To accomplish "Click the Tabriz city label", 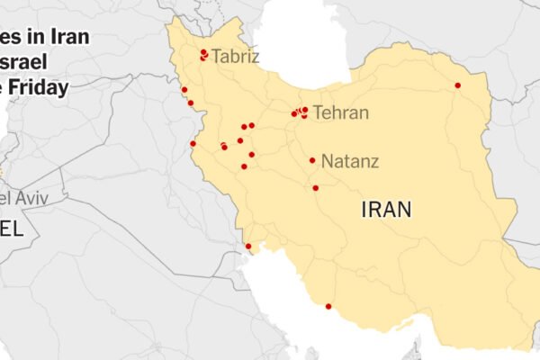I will pyautogui.click(x=235, y=58).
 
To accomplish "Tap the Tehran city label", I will pyautogui.click(x=340, y=113).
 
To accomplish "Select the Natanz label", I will pyautogui.click(x=350, y=162).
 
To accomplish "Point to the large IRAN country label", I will pyautogui.click(x=386, y=210).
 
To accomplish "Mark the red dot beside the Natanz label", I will pyautogui.click(x=312, y=160).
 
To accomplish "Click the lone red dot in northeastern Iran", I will pyautogui.click(x=457, y=85).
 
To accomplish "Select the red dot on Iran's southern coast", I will pyautogui.click(x=328, y=306).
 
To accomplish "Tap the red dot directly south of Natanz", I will pyautogui.click(x=315, y=187).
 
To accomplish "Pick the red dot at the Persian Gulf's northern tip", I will pyautogui.click(x=248, y=246).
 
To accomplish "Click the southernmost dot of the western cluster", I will pyautogui.click(x=244, y=166).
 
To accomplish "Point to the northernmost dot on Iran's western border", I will pyautogui.click(x=184, y=89).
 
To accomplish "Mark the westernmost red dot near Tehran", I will pyautogui.click(x=293, y=114).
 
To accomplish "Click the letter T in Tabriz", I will pyautogui.click(x=216, y=58).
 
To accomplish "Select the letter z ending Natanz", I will pyautogui.click(x=373, y=162).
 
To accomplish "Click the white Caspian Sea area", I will pyautogui.click(x=297, y=54).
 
